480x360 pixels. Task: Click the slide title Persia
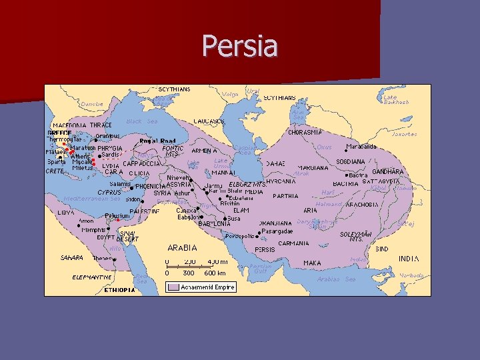(239, 47)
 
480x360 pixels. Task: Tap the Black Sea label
(142, 121)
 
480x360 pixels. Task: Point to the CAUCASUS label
(209, 121)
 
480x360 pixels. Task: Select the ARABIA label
(182, 247)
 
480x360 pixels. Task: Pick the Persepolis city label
(240, 235)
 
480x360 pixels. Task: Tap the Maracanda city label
(361, 147)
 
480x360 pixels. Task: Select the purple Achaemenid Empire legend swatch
(172, 287)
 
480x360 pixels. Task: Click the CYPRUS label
(107, 192)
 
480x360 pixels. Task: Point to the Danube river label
(92, 104)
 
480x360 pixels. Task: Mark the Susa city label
(234, 218)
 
